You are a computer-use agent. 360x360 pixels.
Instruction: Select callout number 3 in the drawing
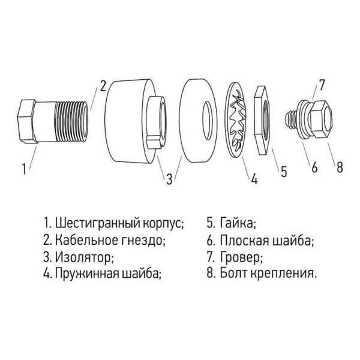(x=170, y=178)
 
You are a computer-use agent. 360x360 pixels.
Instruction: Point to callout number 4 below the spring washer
(x=254, y=178)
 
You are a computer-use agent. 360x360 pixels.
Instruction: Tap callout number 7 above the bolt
(x=322, y=85)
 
